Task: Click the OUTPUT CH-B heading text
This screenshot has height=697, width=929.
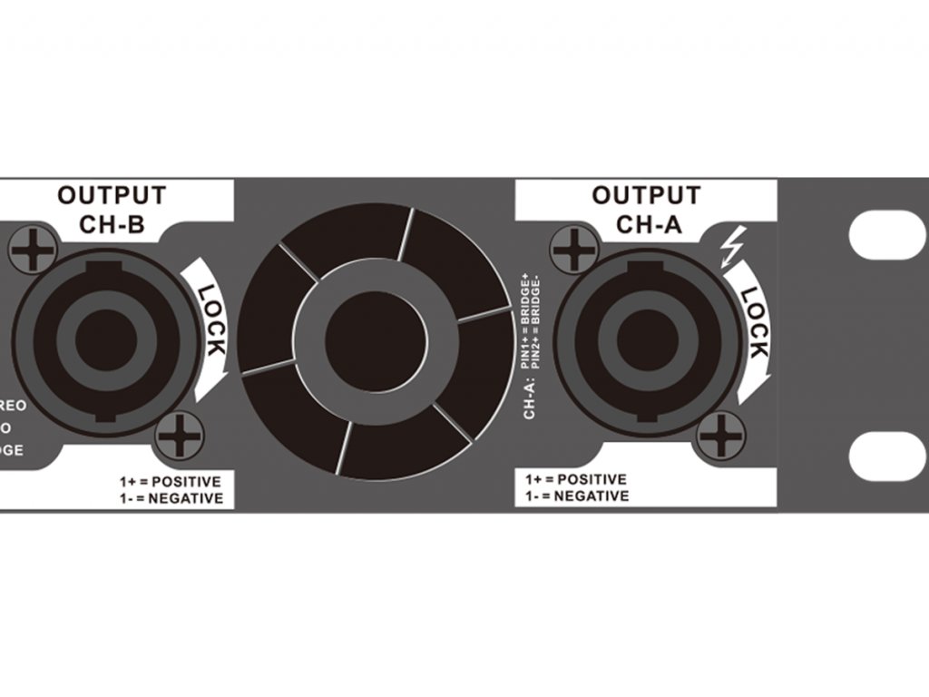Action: [x=112, y=210]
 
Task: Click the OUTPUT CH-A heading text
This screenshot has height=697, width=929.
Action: [x=646, y=210]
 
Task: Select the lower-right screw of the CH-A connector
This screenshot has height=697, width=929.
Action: [x=723, y=435]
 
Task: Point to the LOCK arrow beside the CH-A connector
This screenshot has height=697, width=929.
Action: [x=752, y=328]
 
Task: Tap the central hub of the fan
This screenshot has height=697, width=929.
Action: [x=375, y=341]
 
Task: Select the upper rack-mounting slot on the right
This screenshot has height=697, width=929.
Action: [x=887, y=233]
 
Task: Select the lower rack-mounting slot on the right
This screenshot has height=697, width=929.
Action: [x=887, y=455]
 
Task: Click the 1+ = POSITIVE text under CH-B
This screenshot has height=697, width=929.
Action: [x=170, y=480]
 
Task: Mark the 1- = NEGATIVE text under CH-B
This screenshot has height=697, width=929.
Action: [x=170, y=498]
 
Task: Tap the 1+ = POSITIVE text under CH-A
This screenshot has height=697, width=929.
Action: [x=576, y=478]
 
